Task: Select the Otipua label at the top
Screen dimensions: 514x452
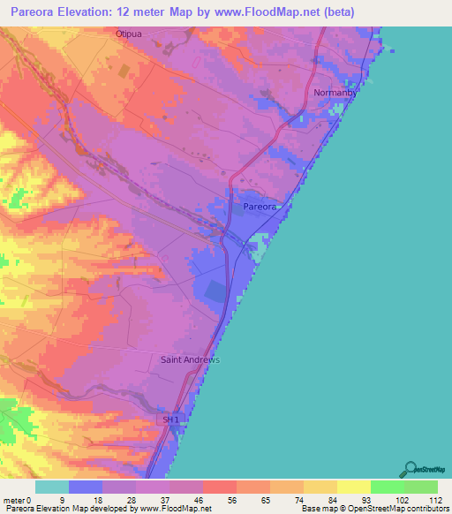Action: pyautogui.click(x=128, y=34)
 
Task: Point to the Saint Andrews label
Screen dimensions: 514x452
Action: pyautogui.click(x=190, y=359)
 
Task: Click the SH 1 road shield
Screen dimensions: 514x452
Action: pyautogui.click(x=170, y=420)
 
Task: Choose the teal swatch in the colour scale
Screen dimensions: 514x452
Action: pyautogui.click(x=52, y=487)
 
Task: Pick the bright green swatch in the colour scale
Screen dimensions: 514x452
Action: pyautogui.click(x=387, y=487)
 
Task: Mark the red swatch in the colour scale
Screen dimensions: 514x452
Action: pyautogui.click(x=219, y=487)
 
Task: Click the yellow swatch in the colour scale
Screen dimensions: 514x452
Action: pyautogui.click(x=353, y=487)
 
